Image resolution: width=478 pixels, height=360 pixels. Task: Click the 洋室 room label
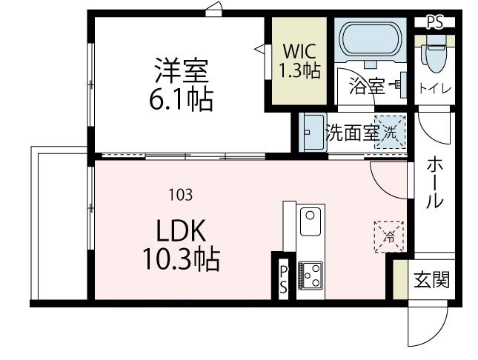[x=182, y=73]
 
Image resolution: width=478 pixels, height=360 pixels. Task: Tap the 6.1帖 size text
[x=182, y=99]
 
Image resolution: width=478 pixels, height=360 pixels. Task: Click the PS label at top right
[x=436, y=22]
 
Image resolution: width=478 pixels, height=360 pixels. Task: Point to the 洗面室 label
[x=352, y=133]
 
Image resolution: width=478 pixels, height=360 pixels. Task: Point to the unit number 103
[x=181, y=195]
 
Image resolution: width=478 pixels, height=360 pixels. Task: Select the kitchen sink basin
[x=309, y=221]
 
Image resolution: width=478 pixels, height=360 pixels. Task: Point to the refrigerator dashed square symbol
[x=388, y=236]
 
